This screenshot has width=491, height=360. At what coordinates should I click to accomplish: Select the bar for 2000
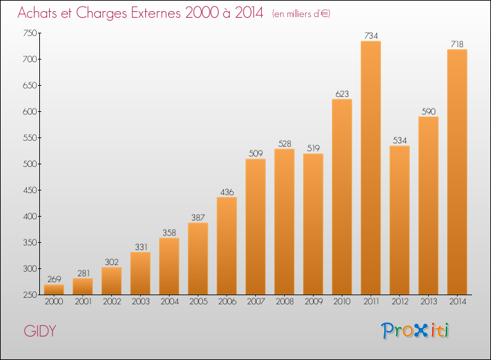54,289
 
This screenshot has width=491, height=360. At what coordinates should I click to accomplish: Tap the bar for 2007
255,226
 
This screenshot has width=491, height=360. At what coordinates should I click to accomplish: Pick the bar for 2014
457,171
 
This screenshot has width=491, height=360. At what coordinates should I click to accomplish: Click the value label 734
371,36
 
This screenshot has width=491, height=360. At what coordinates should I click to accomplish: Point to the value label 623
342,94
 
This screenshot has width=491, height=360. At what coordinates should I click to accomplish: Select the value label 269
54,279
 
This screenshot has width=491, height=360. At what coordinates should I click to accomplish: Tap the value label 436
227,192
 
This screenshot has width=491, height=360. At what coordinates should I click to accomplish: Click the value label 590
428,111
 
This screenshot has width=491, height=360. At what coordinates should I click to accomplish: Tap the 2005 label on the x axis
198,302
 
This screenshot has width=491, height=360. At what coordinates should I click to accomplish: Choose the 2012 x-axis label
399,302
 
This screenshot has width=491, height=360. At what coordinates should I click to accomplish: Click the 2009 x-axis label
313,302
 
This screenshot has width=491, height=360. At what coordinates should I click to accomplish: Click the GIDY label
40,331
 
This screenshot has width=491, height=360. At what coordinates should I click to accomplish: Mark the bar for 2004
169,266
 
